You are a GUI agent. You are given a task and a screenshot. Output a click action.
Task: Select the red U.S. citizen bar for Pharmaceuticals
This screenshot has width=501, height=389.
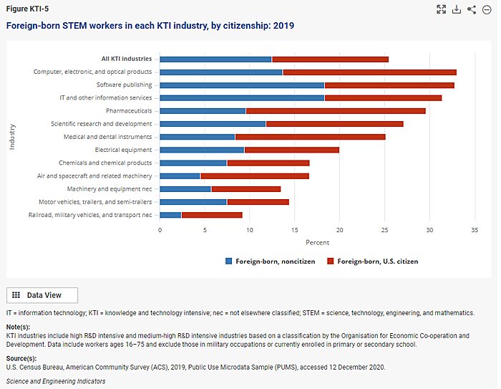(x=336, y=111)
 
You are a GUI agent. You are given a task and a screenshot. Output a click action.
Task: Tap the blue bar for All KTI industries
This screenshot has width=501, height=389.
(x=215, y=59)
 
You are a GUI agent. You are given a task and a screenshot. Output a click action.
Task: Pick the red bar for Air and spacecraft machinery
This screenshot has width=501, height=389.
(x=255, y=176)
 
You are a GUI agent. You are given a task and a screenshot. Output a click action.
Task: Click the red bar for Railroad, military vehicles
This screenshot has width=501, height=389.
(x=212, y=214)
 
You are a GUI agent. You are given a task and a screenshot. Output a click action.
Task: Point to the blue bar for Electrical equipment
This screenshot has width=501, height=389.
(x=202, y=150)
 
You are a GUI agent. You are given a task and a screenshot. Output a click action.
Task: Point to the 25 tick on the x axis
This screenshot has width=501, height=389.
(x=384, y=230)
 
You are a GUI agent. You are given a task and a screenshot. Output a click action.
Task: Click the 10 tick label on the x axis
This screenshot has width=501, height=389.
(x=250, y=230)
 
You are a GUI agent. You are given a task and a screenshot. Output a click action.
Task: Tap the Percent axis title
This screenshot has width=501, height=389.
(x=317, y=242)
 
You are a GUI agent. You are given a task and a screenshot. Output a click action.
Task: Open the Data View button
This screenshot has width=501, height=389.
(x=42, y=295)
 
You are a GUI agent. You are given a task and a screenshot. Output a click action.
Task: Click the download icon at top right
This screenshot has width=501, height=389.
(x=457, y=9)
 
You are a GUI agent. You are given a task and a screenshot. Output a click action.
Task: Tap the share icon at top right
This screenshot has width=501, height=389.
(x=472, y=9)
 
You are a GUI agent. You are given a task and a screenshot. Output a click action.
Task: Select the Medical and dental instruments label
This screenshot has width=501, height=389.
(x=107, y=137)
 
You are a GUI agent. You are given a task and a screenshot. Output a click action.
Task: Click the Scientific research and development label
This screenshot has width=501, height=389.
(x=101, y=124)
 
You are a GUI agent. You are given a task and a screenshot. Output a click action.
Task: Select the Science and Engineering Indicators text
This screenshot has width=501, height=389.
(x=56, y=381)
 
